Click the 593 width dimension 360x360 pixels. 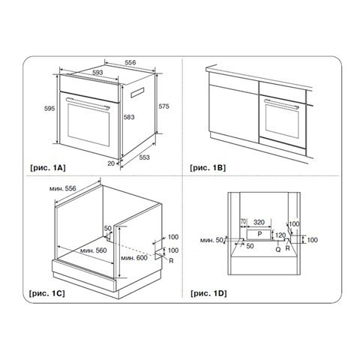[97, 73]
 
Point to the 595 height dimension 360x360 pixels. [49, 109]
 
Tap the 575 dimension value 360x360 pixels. [164, 106]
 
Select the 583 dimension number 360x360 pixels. [129, 117]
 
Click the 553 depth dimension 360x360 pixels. [145, 157]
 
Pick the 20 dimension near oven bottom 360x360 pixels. [111, 163]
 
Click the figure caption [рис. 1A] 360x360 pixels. [48, 167]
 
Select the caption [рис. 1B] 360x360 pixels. [208, 167]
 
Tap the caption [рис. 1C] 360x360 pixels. [47, 293]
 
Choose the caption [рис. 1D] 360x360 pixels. [208, 293]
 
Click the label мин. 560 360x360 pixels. [94, 250]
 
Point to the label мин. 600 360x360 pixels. [134, 257]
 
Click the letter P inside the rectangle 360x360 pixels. [259, 234]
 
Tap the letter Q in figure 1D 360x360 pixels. [278, 249]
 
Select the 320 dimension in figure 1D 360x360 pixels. [259, 222]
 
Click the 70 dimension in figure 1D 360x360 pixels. [243, 222]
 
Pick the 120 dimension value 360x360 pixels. [280, 235]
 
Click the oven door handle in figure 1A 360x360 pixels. [88, 103]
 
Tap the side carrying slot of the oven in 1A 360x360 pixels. [137, 92]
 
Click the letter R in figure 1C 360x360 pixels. [171, 261]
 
